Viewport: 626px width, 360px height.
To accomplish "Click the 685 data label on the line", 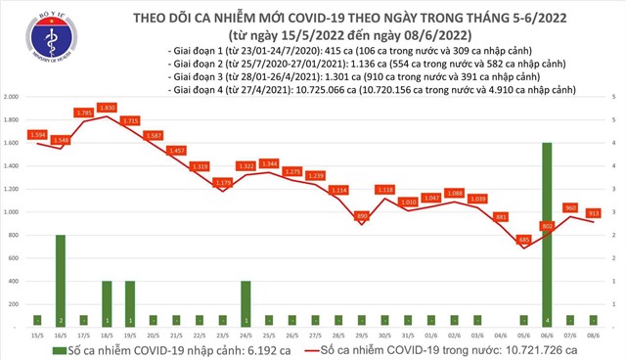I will [524, 239].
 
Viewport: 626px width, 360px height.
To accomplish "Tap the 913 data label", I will [593, 212].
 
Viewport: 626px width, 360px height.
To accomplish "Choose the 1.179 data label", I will [223, 182].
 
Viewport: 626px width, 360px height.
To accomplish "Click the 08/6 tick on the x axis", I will [594, 334].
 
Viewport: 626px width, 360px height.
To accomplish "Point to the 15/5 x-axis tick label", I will [37, 334].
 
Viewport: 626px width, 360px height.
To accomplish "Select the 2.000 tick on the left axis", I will [13, 97].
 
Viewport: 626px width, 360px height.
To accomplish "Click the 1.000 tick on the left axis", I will [13, 211].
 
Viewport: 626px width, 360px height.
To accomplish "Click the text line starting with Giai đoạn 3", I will [324, 75].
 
